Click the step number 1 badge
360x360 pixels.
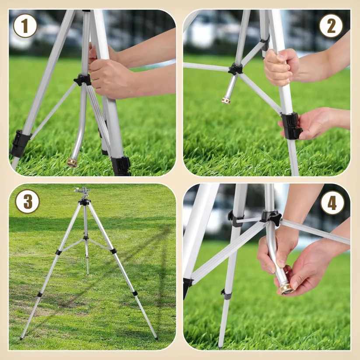[x=25, y=26]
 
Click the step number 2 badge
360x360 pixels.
[x=331, y=26]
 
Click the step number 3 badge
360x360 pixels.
[x=27, y=201]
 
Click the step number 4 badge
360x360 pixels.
[x=332, y=203]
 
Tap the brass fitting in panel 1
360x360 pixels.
[x=72, y=162]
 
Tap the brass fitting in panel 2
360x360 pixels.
[x=226, y=100]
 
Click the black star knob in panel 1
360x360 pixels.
[x=82, y=80]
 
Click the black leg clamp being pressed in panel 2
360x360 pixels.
[x=290, y=126]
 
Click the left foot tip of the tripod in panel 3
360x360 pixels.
[x=21, y=338]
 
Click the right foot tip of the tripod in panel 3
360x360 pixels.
[x=156, y=338]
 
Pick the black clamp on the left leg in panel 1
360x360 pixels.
[x=20, y=144]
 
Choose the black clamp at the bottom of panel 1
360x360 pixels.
[x=120, y=166]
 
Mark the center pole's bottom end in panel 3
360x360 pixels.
[x=87, y=273]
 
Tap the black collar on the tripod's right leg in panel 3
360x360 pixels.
[x=113, y=251]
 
